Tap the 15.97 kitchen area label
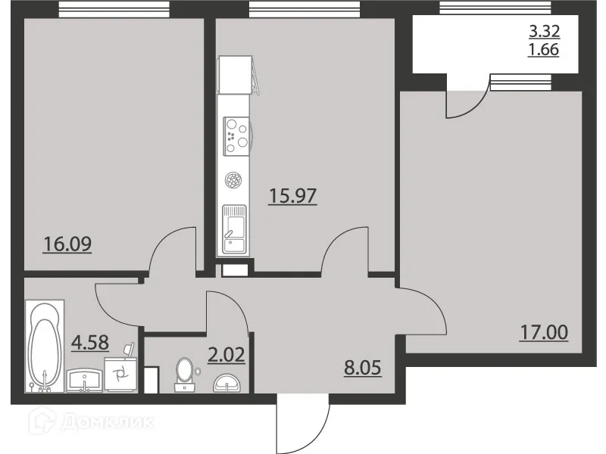click(x=292, y=196)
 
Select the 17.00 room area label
click(x=543, y=331)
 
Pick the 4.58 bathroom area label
click(x=90, y=342)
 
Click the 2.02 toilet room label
click(x=225, y=355)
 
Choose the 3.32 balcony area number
click(x=543, y=33)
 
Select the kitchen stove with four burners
click(x=236, y=134)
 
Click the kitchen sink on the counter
click(x=235, y=228)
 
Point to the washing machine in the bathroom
click(x=120, y=372)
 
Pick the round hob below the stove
click(x=234, y=181)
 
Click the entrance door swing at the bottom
click(x=303, y=424)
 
